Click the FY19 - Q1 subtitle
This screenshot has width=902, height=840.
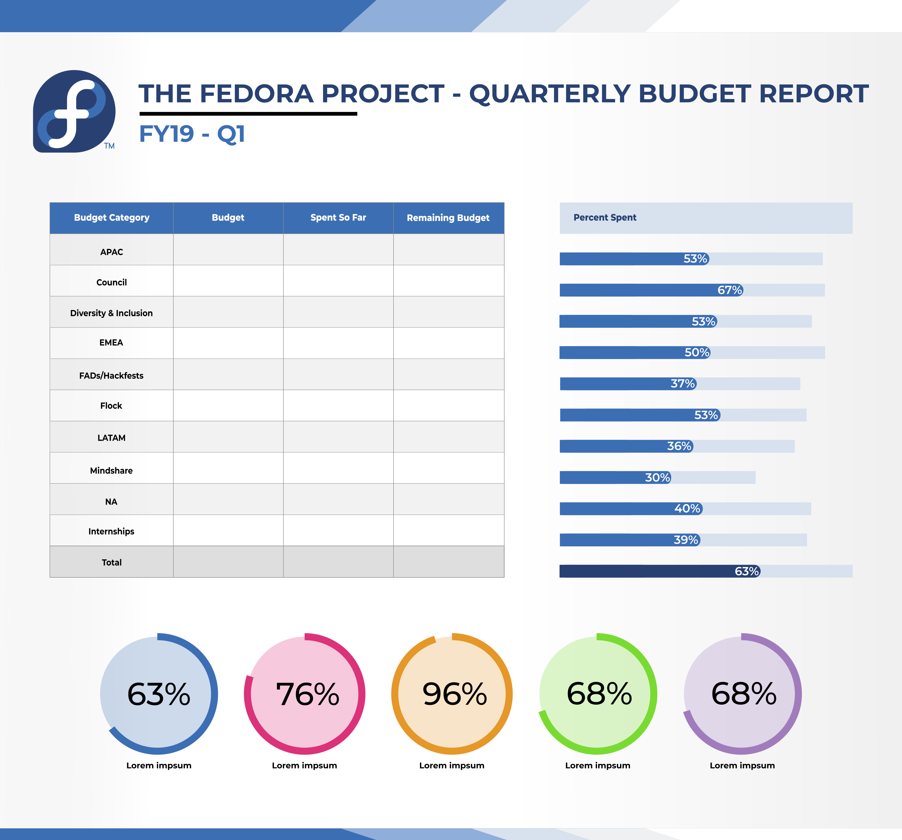coord(192,134)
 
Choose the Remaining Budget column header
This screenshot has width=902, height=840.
coord(448,218)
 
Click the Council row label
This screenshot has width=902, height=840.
coord(112,282)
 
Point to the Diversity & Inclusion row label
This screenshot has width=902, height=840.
coord(112,313)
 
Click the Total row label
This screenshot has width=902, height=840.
coord(112,562)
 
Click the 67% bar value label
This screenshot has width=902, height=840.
coord(729,290)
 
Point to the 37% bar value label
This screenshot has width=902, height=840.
coord(683,384)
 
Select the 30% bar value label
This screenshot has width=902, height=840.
coord(657,478)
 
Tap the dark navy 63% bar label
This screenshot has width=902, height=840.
coord(747,571)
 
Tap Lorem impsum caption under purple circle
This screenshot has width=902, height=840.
coord(742,766)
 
